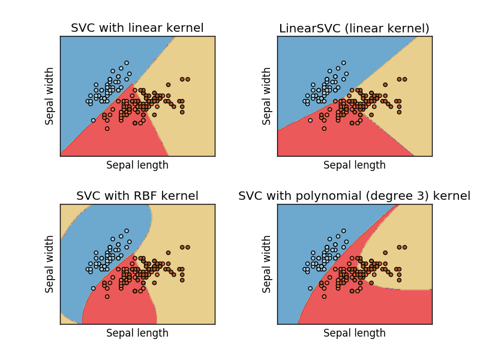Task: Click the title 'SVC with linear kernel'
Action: point(137,28)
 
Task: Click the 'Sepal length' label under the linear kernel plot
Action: point(137,165)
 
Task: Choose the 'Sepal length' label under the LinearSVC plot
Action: point(355,165)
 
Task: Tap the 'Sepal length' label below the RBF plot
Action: point(137,333)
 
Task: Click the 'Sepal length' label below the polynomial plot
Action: point(355,333)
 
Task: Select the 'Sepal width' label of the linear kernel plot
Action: point(50,96)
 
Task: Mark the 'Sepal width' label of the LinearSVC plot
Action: point(267,96)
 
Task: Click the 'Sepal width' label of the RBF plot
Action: point(50,264)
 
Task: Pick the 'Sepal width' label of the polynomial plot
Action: point(267,264)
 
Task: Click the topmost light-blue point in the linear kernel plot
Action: point(127,62)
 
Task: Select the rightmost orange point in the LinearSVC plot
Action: point(405,79)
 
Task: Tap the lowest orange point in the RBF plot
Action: point(107,296)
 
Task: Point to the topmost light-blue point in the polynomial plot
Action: point(344,230)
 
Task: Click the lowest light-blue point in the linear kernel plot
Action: point(93,120)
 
